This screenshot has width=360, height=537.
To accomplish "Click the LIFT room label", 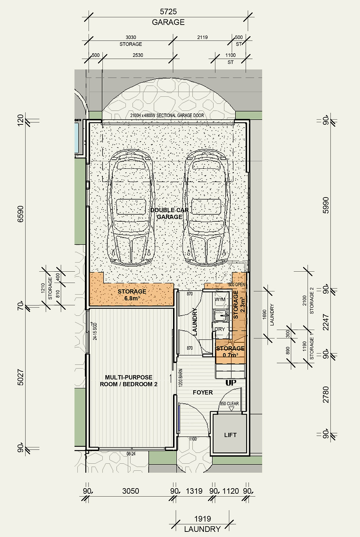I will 230,435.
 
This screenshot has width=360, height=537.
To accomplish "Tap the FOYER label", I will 203,392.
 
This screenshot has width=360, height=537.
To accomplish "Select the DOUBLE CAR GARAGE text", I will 169,213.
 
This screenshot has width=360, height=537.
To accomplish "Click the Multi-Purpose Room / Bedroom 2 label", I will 129,381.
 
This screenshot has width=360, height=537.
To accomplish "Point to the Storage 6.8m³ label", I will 132,295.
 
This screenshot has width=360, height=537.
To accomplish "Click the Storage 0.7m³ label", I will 230,351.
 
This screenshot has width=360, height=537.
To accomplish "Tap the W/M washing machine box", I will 220,300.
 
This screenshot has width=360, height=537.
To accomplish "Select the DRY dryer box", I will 220,329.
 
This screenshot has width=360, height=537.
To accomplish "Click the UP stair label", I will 231,382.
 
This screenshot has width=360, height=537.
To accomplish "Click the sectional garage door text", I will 167,115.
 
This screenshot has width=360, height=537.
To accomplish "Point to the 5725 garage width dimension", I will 168,12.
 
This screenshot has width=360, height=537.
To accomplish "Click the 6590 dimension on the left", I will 21,214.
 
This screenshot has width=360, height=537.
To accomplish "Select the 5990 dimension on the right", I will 326,206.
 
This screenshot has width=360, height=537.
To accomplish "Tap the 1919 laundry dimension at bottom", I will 202,519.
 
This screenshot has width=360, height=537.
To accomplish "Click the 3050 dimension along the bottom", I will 130,491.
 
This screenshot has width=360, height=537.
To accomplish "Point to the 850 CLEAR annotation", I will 229,403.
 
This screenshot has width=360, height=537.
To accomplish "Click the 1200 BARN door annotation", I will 180,378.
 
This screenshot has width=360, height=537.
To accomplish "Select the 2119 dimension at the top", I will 202,37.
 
